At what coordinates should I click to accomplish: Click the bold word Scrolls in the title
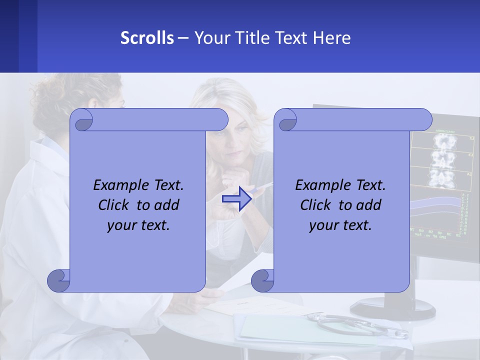[147, 38]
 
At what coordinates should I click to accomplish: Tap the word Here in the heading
[332, 38]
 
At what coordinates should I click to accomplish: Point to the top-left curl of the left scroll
[81, 120]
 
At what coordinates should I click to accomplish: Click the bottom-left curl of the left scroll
[59, 281]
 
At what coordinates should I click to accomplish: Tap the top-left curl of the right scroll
[285, 120]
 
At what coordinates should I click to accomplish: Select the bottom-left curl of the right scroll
[263, 281]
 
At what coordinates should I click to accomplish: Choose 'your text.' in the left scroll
[138, 225]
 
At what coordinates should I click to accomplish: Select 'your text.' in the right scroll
[340, 225]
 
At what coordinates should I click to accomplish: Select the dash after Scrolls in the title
[183, 38]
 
